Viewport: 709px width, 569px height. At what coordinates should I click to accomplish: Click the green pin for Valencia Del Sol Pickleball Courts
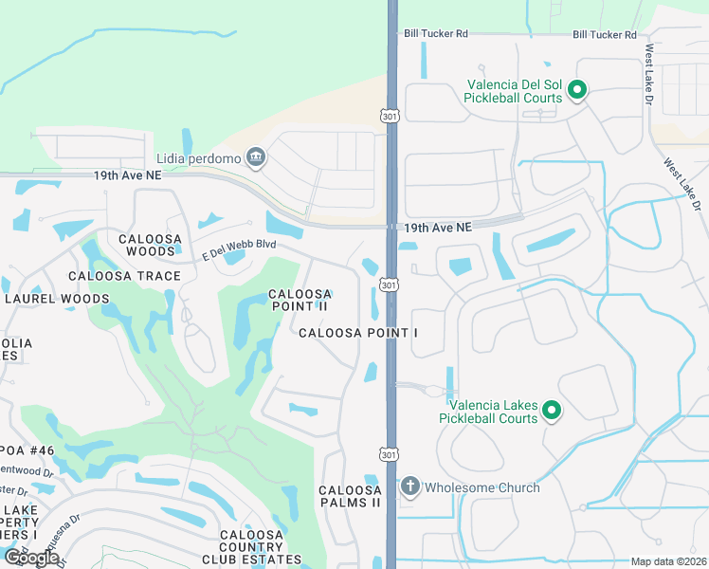pos(577,91)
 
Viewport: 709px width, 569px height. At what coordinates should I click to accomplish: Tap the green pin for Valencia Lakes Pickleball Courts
pos(551,411)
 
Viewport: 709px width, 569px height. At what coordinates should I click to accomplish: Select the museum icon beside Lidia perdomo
pos(255,157)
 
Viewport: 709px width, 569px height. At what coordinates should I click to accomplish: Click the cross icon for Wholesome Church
pos(409,487)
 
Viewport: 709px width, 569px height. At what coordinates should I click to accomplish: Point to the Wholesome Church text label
pos(482,487)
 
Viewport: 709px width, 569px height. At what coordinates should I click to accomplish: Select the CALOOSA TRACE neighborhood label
pos(124,276)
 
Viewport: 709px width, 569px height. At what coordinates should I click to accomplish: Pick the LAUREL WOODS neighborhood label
pos(57,299)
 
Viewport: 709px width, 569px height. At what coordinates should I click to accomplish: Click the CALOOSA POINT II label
pos(299,300)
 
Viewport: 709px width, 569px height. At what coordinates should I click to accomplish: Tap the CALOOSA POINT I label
pos(357,333)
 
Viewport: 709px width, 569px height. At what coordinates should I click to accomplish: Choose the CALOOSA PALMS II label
pos(350,496)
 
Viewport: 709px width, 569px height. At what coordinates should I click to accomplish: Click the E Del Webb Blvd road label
pos(238,251)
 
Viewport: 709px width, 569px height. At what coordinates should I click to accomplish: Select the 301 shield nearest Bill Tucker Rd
pos(389,116)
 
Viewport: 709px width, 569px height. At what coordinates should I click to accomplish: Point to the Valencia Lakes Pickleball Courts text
pos(488,412)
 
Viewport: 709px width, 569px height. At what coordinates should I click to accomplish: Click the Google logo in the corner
pos(32,558)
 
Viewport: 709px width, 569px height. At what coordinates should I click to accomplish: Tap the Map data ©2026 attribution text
pos(668,561)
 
